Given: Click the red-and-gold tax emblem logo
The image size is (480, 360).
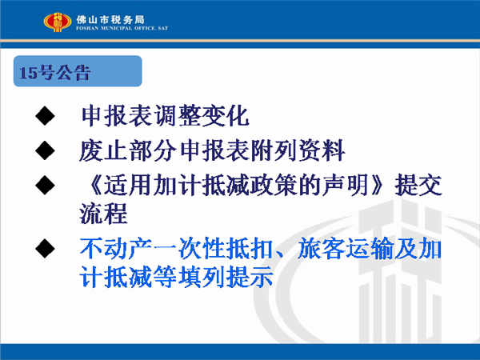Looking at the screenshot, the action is point(58,22).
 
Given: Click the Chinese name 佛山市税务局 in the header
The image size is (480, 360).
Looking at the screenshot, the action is point(110,19).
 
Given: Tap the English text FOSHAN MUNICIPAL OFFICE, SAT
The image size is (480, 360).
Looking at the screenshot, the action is point(122,28).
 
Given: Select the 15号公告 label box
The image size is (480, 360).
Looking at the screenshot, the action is point(78,71).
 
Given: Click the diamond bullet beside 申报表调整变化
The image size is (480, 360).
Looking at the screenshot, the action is point(45,116).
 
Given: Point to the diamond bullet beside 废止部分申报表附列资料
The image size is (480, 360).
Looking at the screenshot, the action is point(45,150).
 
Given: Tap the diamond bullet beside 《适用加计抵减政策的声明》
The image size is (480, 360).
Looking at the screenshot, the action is point(45,185).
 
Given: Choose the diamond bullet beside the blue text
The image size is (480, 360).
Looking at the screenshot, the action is point(45,248).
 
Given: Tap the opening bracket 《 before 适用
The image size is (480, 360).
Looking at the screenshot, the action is point(94,185).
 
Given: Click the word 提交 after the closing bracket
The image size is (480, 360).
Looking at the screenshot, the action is point(418,185).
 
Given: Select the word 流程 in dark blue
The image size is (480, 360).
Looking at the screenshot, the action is point(103,214).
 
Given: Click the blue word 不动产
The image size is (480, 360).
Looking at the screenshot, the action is point(116,248).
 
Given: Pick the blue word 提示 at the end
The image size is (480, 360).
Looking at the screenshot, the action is point(250,277).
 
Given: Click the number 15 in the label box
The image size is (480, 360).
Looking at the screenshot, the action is point(28,73).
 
